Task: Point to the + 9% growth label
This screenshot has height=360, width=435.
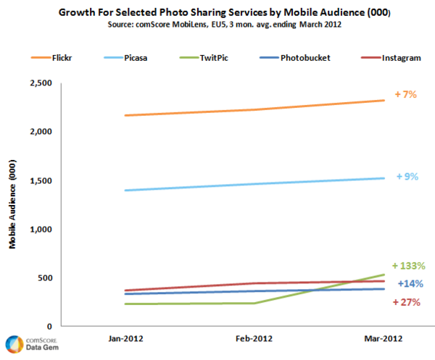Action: (407, 176)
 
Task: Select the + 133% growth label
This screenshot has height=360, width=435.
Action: (408, 266)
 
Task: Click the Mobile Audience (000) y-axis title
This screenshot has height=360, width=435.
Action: (13, 205)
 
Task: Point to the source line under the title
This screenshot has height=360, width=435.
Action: (217, 25)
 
